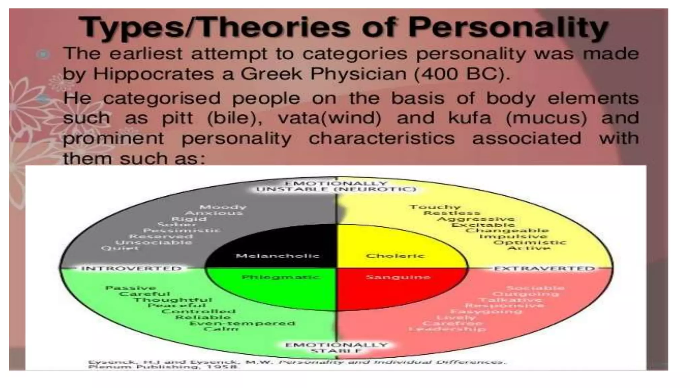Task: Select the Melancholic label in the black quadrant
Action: coord(277,256)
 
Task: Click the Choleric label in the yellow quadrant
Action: coord(395,256)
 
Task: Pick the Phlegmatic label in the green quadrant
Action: coord(280,277)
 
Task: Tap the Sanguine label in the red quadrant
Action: coord(398,277)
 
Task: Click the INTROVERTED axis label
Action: coord(131,268)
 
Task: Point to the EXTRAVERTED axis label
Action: coord(544,268)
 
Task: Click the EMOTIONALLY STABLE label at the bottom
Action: coord(336,348)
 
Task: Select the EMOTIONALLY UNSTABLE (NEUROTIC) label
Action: coord(336,186)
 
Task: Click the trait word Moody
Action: coord(223,207)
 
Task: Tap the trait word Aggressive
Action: coord(476,219)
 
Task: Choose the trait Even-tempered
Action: coord(242,323)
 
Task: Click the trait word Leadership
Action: coord(447,329)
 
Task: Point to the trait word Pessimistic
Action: coord(182,230)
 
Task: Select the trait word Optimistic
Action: coord(530,243)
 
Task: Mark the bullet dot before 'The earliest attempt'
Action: coord(43,54)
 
